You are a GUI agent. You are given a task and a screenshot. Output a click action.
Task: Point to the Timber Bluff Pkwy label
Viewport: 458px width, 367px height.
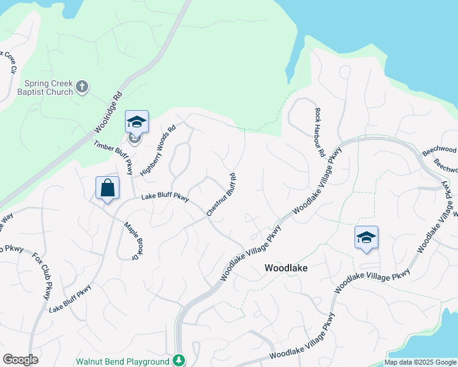pos(114,157)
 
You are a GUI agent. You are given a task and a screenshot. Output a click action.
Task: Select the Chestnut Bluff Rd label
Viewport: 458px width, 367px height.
pos(222,195)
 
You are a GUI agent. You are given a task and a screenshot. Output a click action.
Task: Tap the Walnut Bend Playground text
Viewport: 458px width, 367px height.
pos(122,361)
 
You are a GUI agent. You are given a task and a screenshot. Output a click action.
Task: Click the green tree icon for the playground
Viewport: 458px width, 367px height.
pos(179,360)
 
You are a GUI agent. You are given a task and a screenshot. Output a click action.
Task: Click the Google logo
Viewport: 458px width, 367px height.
pos(21,360)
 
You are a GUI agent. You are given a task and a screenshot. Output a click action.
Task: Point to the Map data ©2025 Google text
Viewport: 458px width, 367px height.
pos(420,362)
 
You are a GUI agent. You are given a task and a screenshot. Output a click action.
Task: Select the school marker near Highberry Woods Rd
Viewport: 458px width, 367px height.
pos(137,121)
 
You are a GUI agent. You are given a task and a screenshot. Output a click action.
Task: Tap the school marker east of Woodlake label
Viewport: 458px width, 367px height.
pos(366,237)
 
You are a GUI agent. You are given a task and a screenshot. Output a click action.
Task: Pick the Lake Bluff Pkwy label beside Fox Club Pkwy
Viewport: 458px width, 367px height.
pos(70,299)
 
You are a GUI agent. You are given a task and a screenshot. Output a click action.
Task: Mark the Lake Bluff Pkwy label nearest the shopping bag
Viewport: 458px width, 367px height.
pos(165,197)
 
